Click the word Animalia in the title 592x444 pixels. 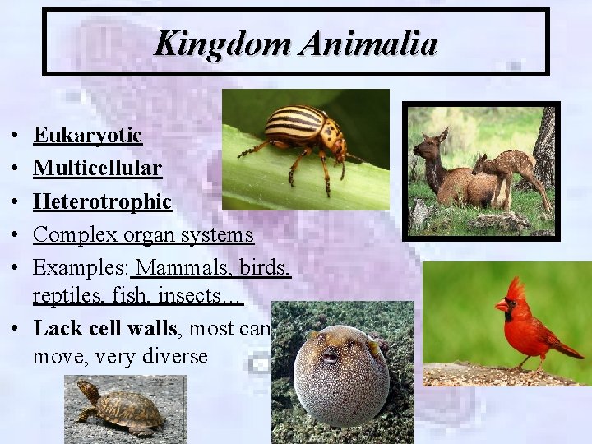coord(368,43)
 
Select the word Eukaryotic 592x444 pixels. coord(88,135)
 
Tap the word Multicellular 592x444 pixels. coord(97,169)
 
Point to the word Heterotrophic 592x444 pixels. coord(102,201)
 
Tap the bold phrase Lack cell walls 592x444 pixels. coord(105,329)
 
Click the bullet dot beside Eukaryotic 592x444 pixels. coord(16,136)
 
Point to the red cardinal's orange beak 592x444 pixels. coord(501,306)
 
